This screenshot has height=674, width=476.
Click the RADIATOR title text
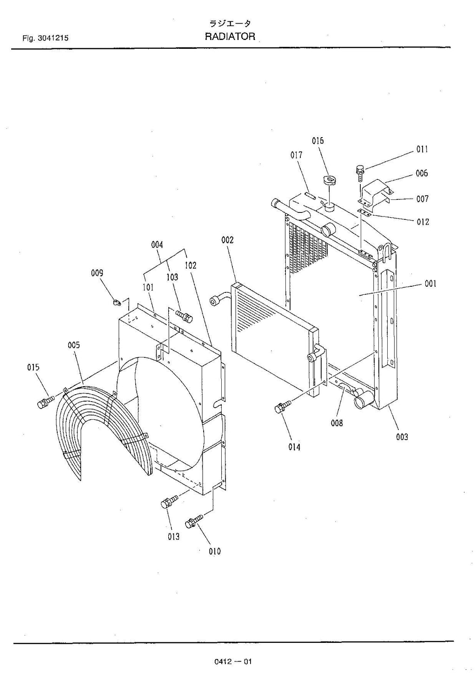pos(230,37)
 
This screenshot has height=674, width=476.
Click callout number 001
pos(430,284)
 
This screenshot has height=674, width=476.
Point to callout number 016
pos(318,141)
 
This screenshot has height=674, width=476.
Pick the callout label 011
pos(422,149)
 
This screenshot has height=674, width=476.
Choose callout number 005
pos(73,345)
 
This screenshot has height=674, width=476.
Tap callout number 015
pos(33,367)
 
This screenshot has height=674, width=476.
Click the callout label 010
pos(214,551)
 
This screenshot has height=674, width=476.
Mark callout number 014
pos(294,447)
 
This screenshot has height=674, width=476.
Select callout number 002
pos(227,240)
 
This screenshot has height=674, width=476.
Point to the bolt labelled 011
pos(360,172)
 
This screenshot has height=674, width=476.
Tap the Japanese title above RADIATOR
pos(230,23)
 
